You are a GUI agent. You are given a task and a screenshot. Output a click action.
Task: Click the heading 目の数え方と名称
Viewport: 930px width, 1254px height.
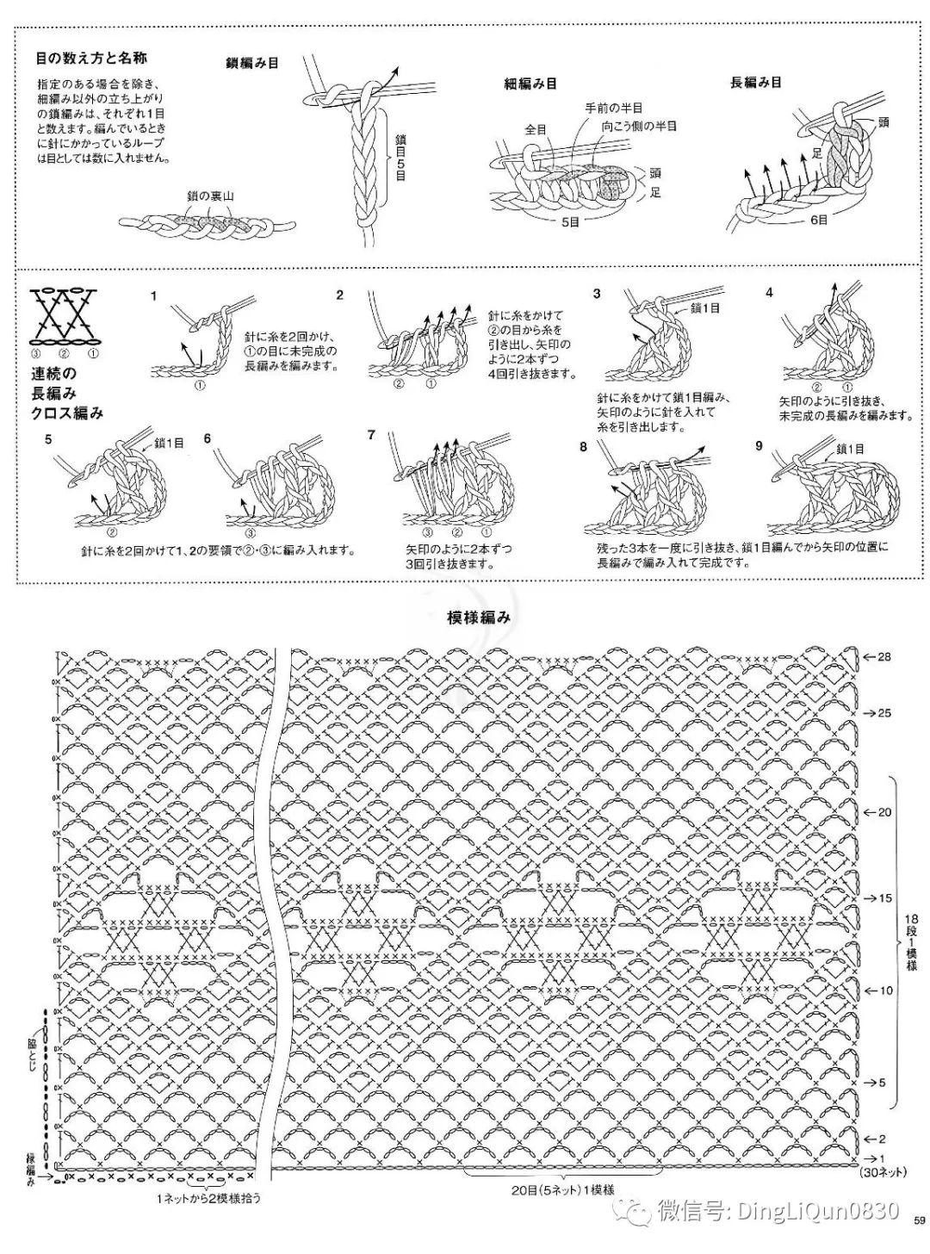[x=91, y=59]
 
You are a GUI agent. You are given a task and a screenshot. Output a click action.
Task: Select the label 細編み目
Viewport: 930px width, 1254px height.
[x=530, y=84]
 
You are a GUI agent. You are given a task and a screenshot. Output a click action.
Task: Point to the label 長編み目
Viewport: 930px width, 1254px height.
[x=756, y=83]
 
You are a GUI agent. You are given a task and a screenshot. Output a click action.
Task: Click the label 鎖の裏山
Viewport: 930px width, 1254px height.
[x=210, y=196]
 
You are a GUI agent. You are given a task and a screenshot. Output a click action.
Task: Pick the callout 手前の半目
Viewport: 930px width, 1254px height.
[x=614, y=108]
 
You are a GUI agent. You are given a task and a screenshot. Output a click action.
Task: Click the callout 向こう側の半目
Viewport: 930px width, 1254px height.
[x=639, y=126]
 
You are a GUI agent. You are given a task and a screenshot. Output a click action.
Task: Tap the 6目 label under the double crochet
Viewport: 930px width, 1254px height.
[x=819, y=220]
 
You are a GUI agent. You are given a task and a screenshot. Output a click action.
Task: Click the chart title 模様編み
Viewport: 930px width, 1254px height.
[x=479, y=618]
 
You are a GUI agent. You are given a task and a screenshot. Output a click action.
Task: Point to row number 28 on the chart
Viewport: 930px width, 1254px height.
[x=883, y=657]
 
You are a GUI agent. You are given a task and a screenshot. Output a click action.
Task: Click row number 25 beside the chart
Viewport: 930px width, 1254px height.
[x=883, y=713]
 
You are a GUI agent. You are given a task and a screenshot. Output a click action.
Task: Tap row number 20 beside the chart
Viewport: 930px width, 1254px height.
[x=883, y=812]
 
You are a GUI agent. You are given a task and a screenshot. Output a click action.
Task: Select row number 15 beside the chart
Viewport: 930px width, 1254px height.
[x=883, y=897]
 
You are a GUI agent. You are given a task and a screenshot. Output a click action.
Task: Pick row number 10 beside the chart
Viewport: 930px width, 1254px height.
[x=883, y=990]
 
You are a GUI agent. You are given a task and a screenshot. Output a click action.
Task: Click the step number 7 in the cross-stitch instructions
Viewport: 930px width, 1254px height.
[x=371, y=435]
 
